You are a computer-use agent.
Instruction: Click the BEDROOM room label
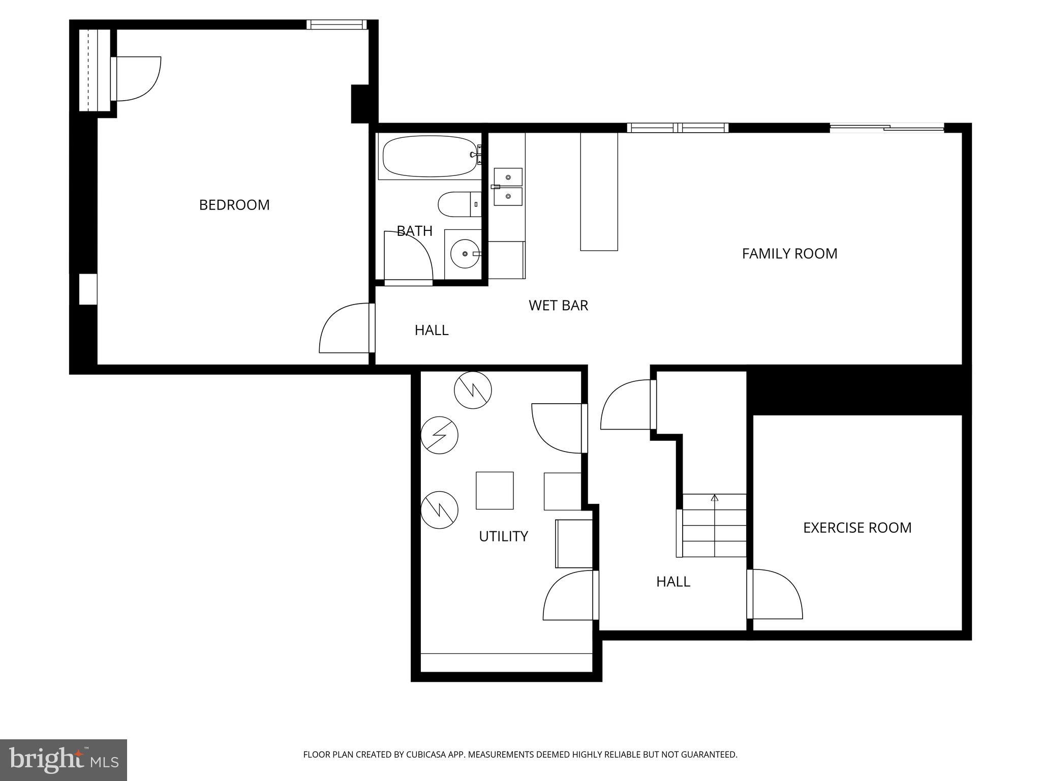(x=234, y=205)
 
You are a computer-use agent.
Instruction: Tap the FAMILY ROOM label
(x=789, y=253)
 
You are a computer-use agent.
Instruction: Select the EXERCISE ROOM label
(x=857, y=528)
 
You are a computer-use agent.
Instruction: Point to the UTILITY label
(x=503, y=536)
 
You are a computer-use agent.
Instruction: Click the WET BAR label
(x=558, y=306)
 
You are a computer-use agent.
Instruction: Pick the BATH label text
(x=414, y=231)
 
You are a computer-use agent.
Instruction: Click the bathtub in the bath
(x=430, y=157)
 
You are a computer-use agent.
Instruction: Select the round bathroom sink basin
(x=465, y=253)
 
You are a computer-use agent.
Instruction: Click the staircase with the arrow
(x=714, y=525)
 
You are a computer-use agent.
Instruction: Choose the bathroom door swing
(x=407, y=256)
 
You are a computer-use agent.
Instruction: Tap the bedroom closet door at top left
(x=136, y=79)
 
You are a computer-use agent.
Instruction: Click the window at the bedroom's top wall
(x=336, y=24)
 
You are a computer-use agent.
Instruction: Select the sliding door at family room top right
(x=886, y=128)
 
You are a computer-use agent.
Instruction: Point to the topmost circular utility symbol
(x=473, y=390)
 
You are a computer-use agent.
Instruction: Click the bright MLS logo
(x=64, y=760)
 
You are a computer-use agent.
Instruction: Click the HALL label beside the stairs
(x=673, y=582)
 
